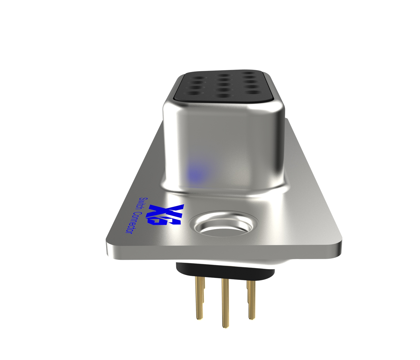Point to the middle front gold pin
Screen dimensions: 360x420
(x=224, y=302)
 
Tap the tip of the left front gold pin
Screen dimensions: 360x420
(x=199, y=318)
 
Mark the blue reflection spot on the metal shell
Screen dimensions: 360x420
(x=196, y=172)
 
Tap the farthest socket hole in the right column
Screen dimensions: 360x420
(x=248, y=74)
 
